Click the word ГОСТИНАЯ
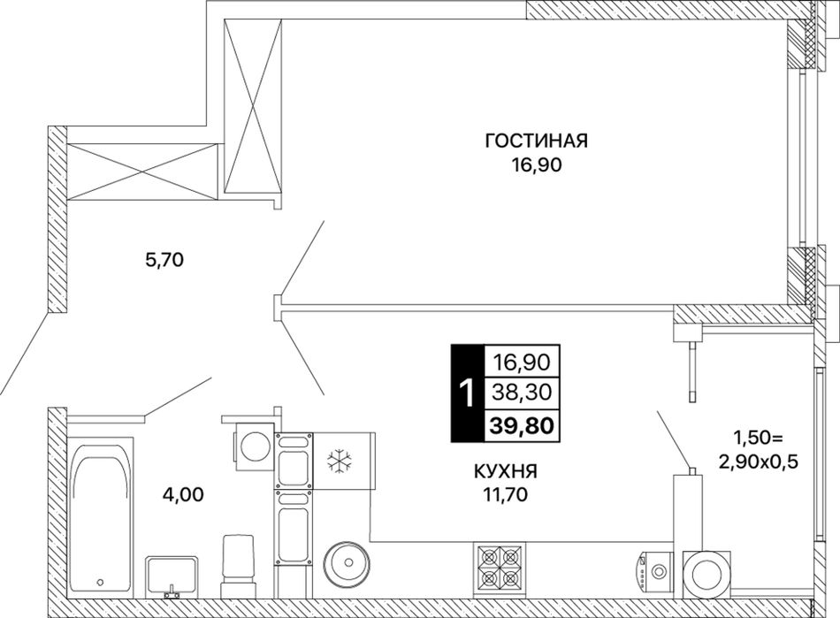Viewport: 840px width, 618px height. (536, 141)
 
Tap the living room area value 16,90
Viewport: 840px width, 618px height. (536, 165)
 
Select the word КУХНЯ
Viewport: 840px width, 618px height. (505, 471)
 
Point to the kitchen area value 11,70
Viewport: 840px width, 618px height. (505, 495)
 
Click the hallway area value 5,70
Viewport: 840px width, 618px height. (165, 260)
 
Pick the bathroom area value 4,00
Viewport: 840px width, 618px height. (183, 495)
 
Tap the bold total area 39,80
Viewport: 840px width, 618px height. (521, 427)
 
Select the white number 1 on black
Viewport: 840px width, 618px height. (467, 393)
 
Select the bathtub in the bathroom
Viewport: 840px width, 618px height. (100, 517)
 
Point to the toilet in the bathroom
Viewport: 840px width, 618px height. (238, 566)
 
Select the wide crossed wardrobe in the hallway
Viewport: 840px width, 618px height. (143, 172)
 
